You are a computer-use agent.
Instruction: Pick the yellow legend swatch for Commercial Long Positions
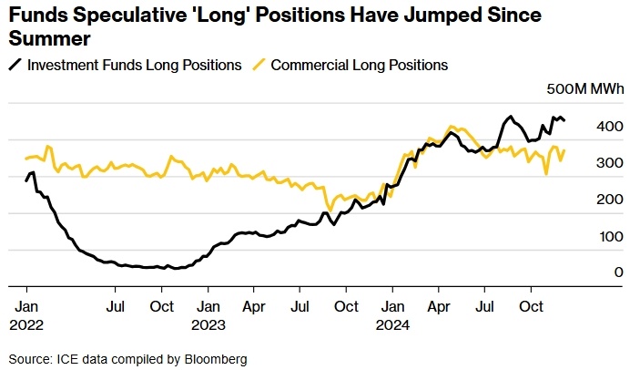tap(259, 66)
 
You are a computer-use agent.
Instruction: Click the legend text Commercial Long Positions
tap(360, 66)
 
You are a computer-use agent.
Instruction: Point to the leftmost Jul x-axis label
tap(116, 307)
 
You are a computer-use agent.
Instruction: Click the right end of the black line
tap(564, 120)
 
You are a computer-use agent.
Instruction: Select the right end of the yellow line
tap(564, 150)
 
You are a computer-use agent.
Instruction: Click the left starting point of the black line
tap(26, 180)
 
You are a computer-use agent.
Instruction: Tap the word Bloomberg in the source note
tap(218, 358)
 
